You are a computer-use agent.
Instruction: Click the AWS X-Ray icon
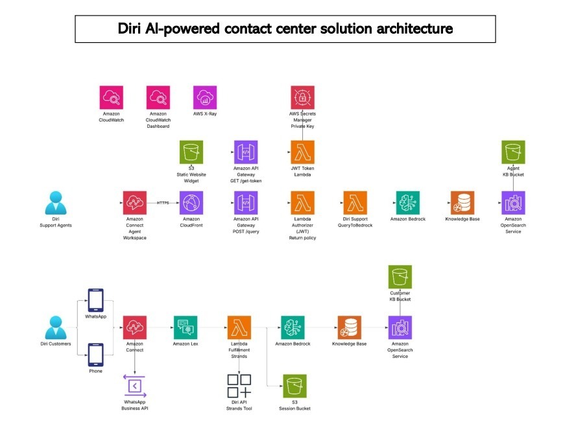click(205, 97)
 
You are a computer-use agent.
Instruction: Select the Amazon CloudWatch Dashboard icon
click(158, 97)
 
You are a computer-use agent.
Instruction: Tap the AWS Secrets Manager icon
click(302, 97)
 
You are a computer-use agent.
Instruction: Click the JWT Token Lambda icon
click(302, 152)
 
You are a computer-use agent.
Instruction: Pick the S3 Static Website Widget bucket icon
click(191, 152)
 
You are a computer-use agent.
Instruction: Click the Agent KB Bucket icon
click(513, 152)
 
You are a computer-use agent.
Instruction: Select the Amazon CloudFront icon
click(191, 203)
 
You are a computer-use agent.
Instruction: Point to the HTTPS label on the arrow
click(162, 203)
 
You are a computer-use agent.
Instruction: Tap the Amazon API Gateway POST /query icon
click(246, 203)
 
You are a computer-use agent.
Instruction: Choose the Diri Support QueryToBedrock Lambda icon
click(355, 203)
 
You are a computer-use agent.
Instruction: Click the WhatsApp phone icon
click(95, 300)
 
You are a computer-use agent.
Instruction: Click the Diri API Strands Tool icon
click(239, 386)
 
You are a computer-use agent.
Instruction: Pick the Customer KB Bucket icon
click(400, 278)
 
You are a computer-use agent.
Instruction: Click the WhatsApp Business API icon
click(134, 386)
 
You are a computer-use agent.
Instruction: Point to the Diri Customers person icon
click(56, 327)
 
